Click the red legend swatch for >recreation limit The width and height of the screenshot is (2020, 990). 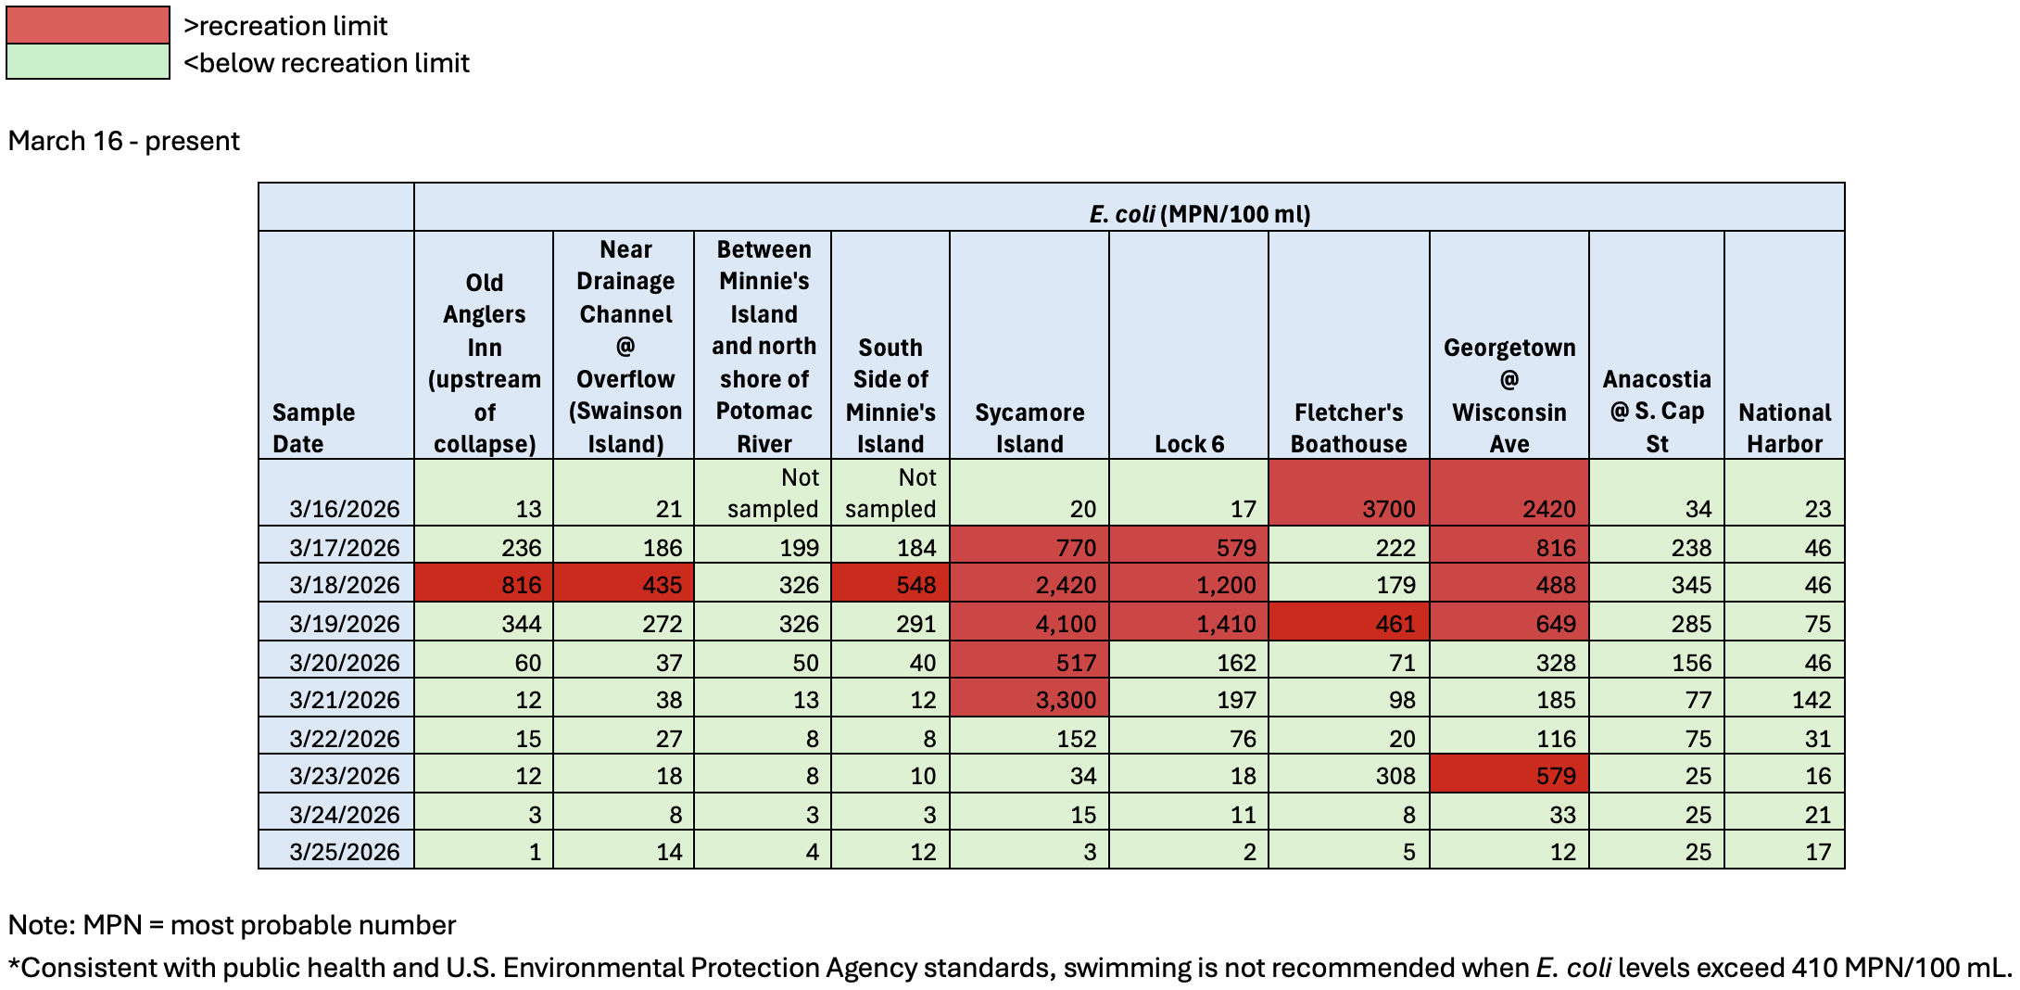click(x=88, y=25)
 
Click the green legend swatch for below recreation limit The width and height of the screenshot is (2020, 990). click(x=88, y=62)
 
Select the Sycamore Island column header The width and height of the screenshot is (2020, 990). click(x=1029, y=427)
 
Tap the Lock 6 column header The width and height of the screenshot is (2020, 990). click(x=1189, y=443)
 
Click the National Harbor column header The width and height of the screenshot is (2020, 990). click(x=1784, y=427)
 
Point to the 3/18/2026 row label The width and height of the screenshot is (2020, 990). click(x=344, y=585)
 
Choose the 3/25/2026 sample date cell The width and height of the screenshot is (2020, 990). click(x=344, y=851)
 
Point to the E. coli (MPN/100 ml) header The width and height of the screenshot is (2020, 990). click(x=1199, y=214)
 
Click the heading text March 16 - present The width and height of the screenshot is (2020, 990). click(x=124, y=141)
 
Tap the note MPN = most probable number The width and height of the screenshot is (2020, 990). click(x=232, y=924)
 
